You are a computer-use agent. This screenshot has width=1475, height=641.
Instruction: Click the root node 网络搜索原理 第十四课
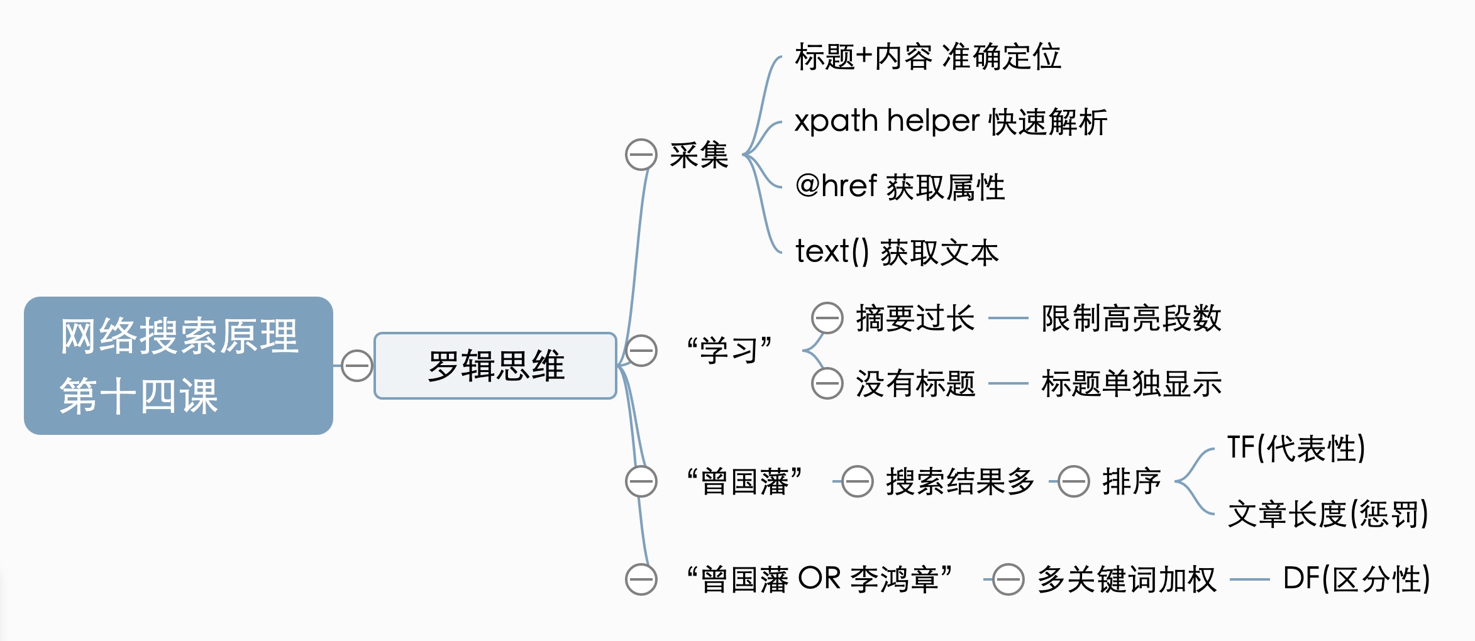pyautogui.click(x=179, y=366)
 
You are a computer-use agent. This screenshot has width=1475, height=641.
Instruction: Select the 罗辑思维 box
pyautogui.click(x=495, y=366)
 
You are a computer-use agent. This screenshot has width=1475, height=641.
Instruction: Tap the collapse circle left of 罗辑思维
pyautogui.click(x=356, y=366)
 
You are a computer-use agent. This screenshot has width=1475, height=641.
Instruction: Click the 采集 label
pyautogui.click(x=699, y=155)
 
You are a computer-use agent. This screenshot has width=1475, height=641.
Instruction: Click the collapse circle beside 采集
pyautogui.click(x=641, y=155)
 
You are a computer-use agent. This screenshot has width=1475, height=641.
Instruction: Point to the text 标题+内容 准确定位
pyautogui.click(x=927, y=57)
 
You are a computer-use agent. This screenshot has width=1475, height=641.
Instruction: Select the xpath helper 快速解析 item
pyautogui.click(x=950, y=122)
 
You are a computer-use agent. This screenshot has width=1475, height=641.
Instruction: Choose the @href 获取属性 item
pyautogui.click(x=900, y=187)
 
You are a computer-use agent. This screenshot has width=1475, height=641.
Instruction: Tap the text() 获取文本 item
pyautogui.click(x=897, y=253)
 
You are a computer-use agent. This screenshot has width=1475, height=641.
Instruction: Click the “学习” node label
pyautogui.click(x=729, y=350)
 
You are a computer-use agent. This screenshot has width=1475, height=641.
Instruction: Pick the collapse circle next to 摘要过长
pyautogui.click(x=827, y=318)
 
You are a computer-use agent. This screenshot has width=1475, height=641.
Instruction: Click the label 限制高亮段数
pyautogui.click(x=1131, y=318)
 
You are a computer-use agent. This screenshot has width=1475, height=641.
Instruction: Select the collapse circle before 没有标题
pyautogui.click(x=827, y=383)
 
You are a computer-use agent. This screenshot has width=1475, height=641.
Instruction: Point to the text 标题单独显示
pyautogui.click(x=1131, y=383)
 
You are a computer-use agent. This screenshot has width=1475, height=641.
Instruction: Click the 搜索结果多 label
pyautogui.click(x=959, y=481)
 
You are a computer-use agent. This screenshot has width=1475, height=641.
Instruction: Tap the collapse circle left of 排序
pyautogui.click(x=1074, y=481)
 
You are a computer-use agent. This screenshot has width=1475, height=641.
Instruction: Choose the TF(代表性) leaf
pyautogui.click(x=1296, y=449)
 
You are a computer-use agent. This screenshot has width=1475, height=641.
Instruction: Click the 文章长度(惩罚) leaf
pyautogui.click(x=1328, y=514)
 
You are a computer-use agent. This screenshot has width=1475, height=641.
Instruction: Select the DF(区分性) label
pyautogui.click(x=1356, y=579)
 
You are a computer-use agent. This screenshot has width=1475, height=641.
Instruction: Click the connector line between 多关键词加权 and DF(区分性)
pyautogui.click(x=1249, y=579)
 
